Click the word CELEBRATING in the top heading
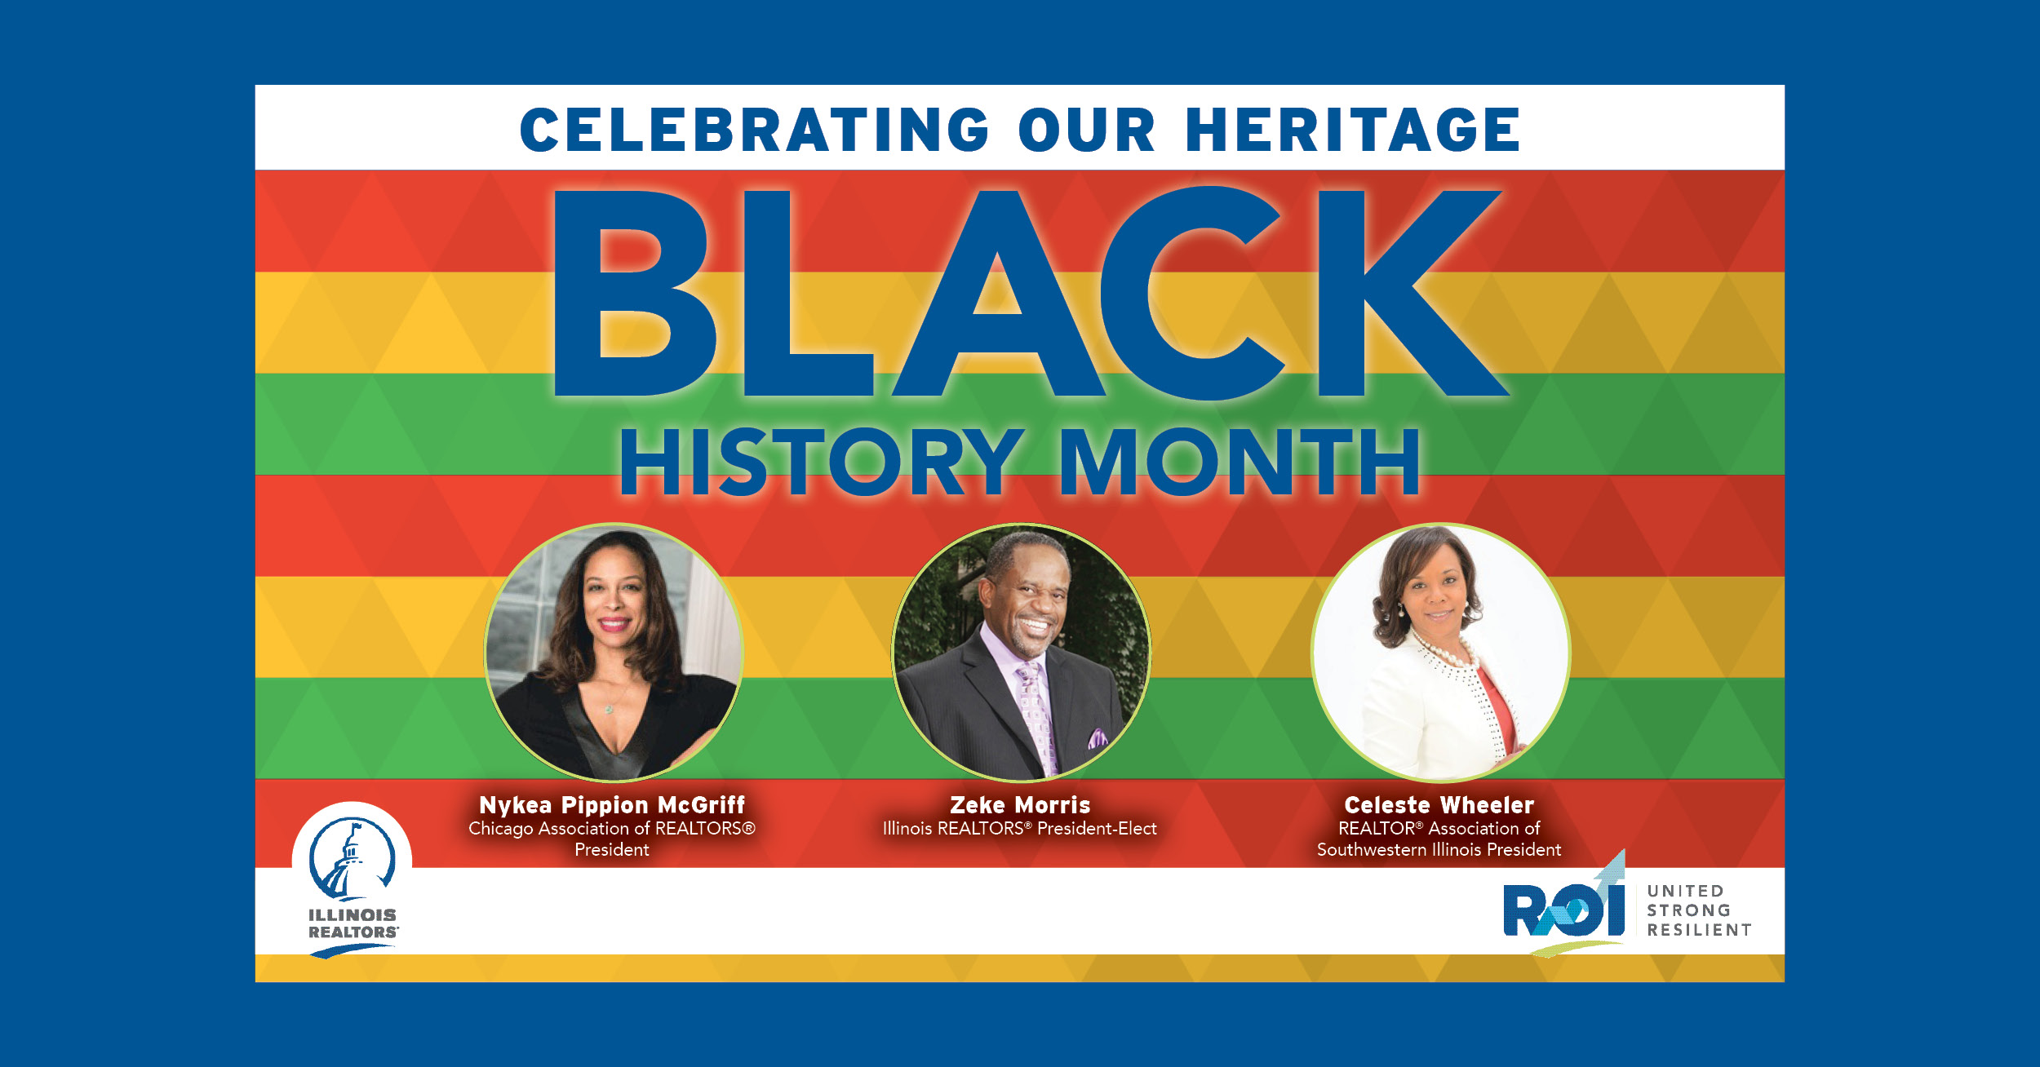(x=755, y=130)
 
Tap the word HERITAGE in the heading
(x=1353, y=130)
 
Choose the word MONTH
(x=1240, y=463)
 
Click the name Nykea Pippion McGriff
(x=612, y=805)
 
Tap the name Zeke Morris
(x=1020, y=805)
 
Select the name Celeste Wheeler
(x=1439, y=805)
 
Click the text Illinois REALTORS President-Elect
(x=1020, y=829)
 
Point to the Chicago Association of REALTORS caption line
(x=612, y=829)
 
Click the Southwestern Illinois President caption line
(x=1439, y=850)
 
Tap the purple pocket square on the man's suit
(x=1098, y=739)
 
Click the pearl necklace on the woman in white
(x=1448, y=652)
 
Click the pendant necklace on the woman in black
(x=609, y=708)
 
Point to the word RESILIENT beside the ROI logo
(x=1699, y=930)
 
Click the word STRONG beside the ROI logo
(x=1688, y=910)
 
